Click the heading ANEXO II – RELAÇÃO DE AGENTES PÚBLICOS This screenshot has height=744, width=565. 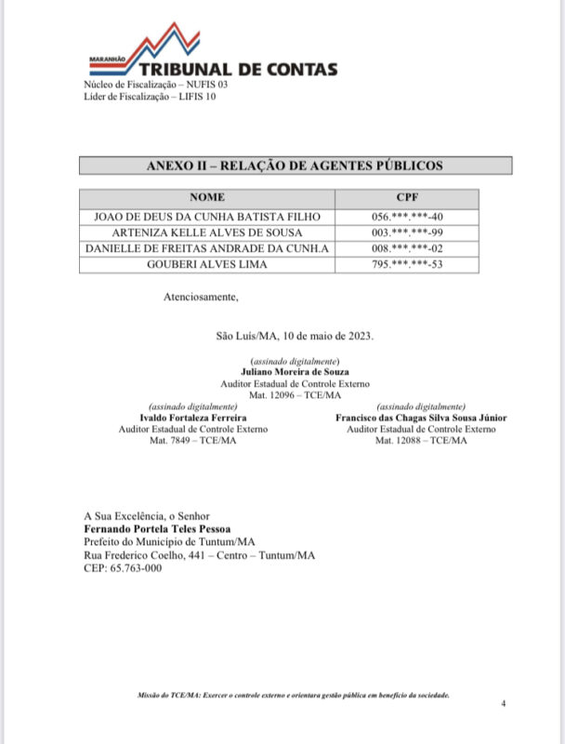coord(295,166)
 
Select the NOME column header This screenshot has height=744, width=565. coord(207,198)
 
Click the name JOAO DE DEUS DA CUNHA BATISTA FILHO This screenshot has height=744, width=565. coord(207,216)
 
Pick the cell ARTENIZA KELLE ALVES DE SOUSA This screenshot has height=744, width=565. coord(207,232)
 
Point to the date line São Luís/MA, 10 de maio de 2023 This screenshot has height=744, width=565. coord(295,335)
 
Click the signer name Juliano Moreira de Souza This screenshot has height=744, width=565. coord(294,371)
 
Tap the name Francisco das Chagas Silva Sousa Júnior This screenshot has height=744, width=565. coord(421,418)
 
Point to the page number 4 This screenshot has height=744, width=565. coord(503,704)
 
